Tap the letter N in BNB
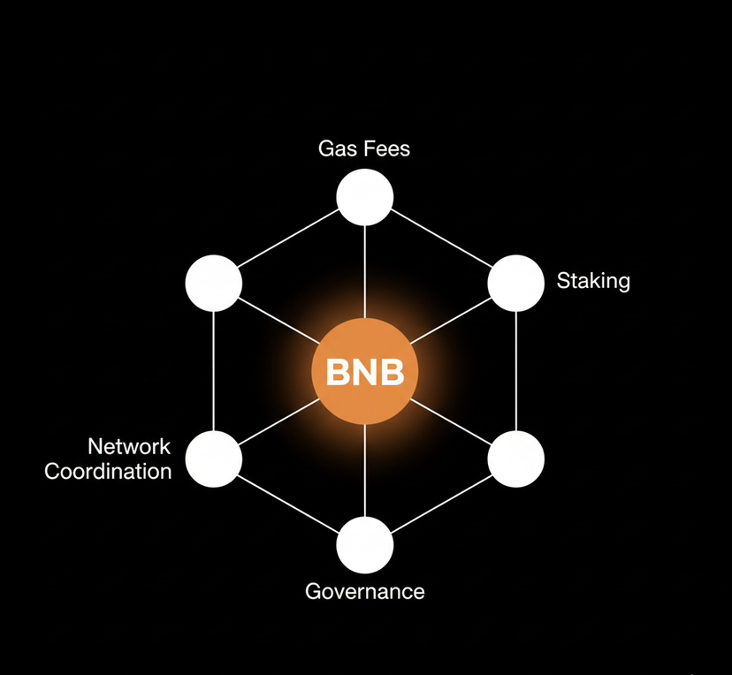point(365,374)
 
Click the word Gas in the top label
point(336,148)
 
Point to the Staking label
point(593,282)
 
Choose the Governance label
point(365,591)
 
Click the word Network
point(129,446)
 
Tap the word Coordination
point(108,472)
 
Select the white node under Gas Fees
point(365,197)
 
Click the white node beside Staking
point(516,284)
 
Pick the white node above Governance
point(365,545)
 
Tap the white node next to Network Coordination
point(214,459)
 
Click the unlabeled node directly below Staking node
point(516,459)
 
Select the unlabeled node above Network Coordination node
point(214,284)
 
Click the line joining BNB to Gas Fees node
point(365,269)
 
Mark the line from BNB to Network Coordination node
point(274,424)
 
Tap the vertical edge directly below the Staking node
point(516,371)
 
